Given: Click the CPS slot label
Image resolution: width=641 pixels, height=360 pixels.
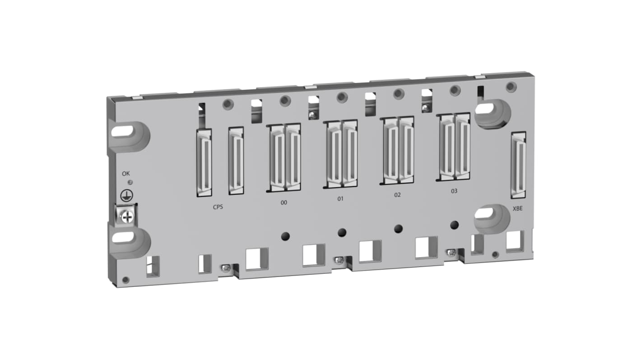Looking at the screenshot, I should click(x=218, y=208).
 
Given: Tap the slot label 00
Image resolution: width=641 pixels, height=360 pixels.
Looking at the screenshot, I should click(x=283, y=203).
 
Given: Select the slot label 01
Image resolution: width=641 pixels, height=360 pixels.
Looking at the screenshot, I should click(x=340, y=198).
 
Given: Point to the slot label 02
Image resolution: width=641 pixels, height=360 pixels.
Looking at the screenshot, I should click(x=397, y=195).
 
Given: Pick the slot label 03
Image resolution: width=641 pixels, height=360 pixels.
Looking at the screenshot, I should click(x=454, y=191).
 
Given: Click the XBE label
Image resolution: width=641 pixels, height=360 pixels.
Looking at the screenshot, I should click(x=517, y=210).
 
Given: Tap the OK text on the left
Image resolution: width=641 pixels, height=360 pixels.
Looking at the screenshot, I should click(x=126, y=173).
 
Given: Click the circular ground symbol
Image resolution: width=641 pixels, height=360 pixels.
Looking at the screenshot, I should click(x=127, y=195).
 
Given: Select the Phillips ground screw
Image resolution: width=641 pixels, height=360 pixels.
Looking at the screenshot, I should click(x=128, y=217).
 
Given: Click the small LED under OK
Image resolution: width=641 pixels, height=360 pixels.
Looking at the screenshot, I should click(x=130, y=182).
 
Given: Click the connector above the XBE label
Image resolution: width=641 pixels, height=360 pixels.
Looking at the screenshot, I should click(x=519, y=165).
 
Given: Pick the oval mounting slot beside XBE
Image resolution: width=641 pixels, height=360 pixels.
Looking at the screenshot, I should click(x=484, y=213).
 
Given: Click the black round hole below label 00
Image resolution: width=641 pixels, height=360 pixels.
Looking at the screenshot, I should click(x=285, y=235).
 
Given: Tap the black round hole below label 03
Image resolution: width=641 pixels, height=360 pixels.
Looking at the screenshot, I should click(x=455, y=224).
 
